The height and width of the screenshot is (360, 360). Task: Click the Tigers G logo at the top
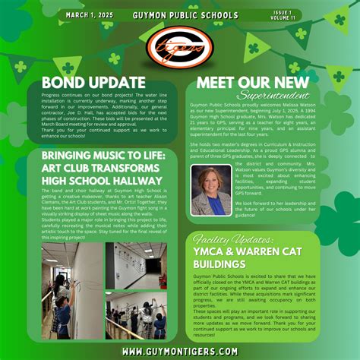tap(180, 48)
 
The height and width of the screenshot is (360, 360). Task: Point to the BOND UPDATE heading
tap(93, 82)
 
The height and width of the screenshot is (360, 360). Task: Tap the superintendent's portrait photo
tap(212, 191)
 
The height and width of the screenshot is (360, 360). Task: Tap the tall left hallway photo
tap(73, 289)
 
